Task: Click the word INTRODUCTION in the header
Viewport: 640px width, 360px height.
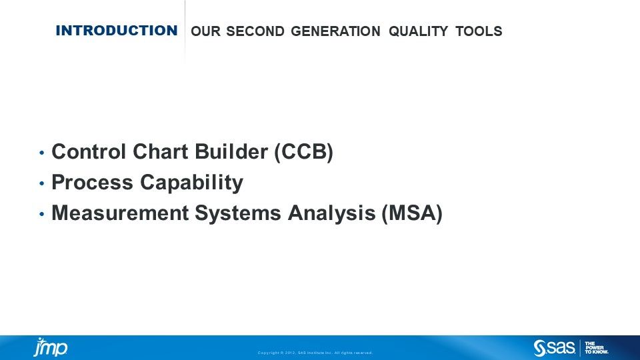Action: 117,31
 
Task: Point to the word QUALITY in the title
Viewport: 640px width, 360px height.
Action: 418,31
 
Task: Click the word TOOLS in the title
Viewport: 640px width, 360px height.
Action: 479,31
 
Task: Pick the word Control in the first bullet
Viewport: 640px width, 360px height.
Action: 89,152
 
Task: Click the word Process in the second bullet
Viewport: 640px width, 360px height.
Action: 91,183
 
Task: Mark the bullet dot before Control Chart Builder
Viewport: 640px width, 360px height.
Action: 42,153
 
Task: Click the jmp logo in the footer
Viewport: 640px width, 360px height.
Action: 51,347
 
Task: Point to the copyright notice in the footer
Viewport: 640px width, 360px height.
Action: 315,353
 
